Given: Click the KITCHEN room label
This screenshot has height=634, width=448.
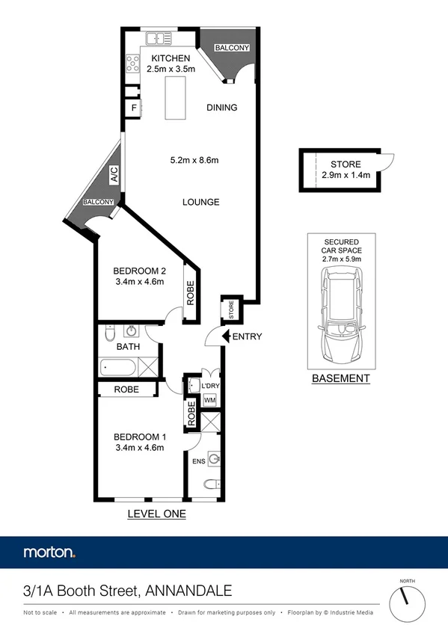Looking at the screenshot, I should (171, 58).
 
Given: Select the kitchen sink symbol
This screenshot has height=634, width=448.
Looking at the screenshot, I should (159, 37).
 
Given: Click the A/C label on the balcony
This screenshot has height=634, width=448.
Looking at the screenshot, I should (114, 176).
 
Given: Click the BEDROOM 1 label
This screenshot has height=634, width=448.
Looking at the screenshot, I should (139, 437).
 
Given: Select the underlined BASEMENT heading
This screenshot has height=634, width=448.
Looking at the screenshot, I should (340, 378).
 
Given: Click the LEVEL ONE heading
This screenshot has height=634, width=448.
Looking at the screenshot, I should (156, 514).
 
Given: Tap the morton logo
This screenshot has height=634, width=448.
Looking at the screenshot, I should (49, 553).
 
